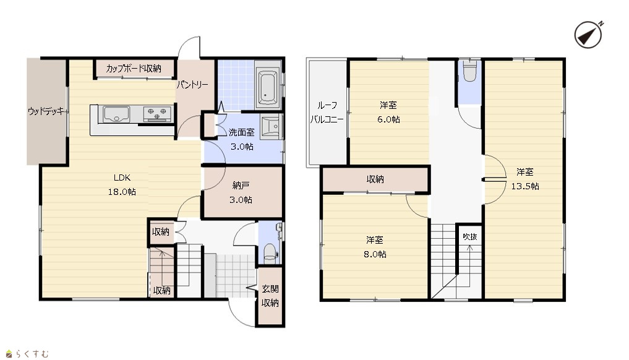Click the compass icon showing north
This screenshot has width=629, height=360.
coord(588,35)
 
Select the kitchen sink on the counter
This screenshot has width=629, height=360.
coord(116,114)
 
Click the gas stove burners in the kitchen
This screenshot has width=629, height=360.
coord(158,113)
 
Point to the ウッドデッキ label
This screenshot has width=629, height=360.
coord(46,111)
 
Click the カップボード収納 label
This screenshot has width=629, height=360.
coord(134,69)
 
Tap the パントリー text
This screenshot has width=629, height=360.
coord(192,85)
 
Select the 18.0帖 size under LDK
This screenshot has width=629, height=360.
coord(122,192)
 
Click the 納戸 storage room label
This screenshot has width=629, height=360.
coord(241,185)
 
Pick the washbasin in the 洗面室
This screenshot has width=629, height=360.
coord(272,127)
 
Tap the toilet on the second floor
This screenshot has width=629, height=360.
coord(469,72)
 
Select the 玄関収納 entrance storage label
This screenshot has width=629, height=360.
coord(270,296)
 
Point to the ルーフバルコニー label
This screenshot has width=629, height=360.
coord(327,113)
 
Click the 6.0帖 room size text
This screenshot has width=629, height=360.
coord(388,119)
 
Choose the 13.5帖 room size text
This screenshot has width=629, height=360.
coord(524,186)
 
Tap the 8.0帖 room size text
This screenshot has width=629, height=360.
coord(375,254)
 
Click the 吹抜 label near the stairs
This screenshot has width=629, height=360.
coord(470,237)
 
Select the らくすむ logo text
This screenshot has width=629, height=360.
coord(33,354)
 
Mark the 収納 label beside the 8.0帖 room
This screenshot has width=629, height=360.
coord(375,179)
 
